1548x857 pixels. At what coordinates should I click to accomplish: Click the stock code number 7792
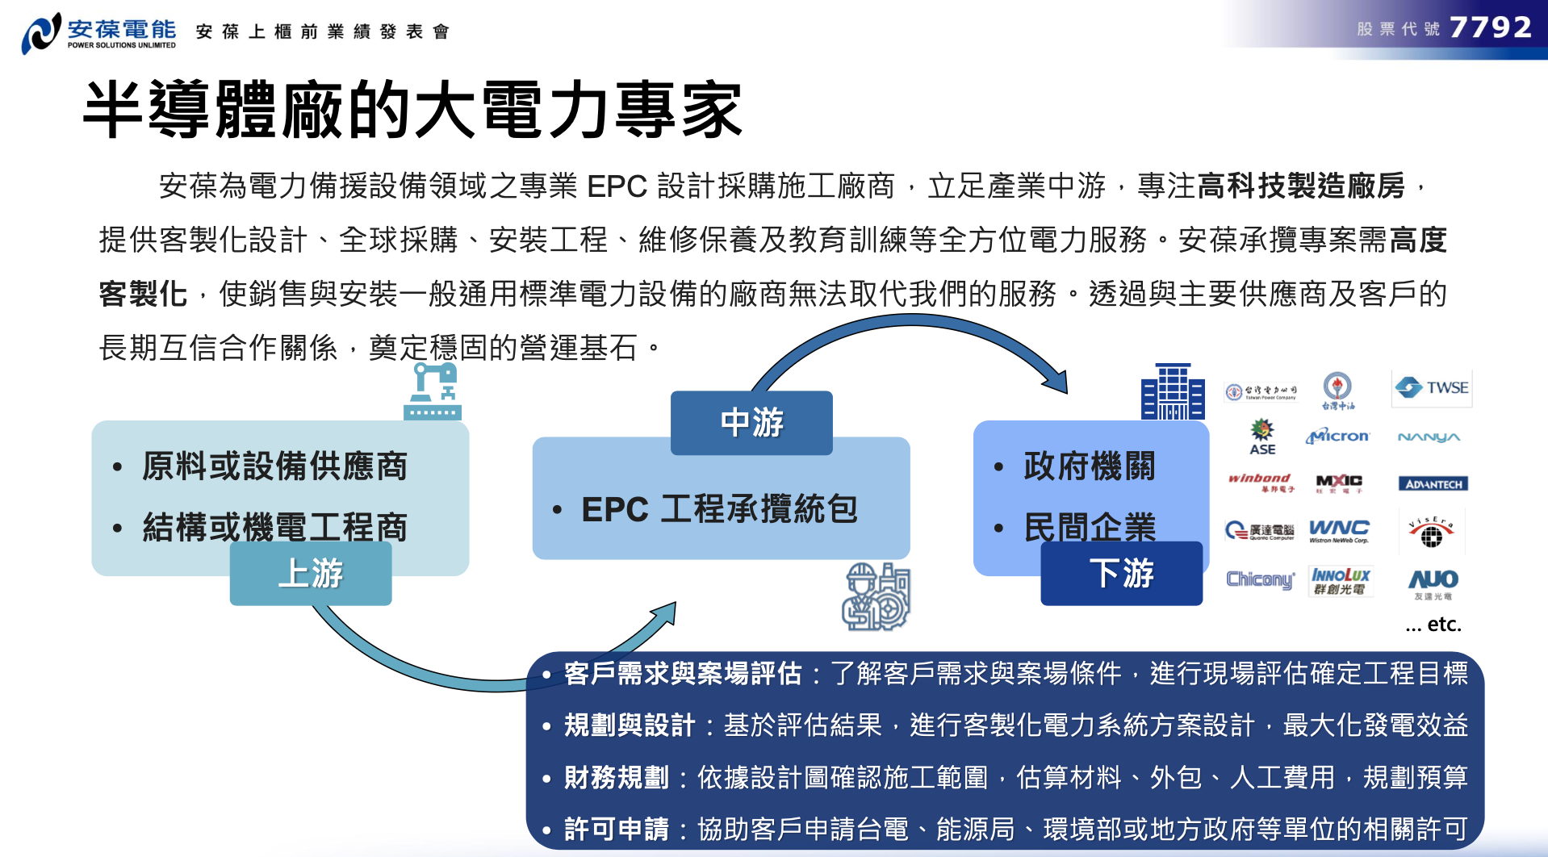(1490, 28)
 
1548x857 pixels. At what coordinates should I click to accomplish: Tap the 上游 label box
(311, 574)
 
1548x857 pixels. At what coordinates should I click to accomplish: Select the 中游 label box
(751, 423)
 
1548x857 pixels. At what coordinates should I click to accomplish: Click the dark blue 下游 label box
(1121, 574)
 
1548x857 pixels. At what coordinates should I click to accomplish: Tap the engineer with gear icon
(876, 598)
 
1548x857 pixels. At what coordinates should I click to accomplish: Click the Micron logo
(1337, 437)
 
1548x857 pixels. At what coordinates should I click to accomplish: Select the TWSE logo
(1432, 388)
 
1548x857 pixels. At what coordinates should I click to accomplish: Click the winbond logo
(1260, 483)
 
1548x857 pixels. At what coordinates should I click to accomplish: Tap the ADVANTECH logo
(1433, 484)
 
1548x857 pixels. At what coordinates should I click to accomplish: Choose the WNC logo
(1339, 530)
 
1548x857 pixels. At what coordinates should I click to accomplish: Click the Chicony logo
(1260, 579)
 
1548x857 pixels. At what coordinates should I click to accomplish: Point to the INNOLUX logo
(1341, 580)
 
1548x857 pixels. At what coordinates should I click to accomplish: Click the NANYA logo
(1429, 437)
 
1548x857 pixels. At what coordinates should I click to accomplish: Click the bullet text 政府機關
(1089, 466)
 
